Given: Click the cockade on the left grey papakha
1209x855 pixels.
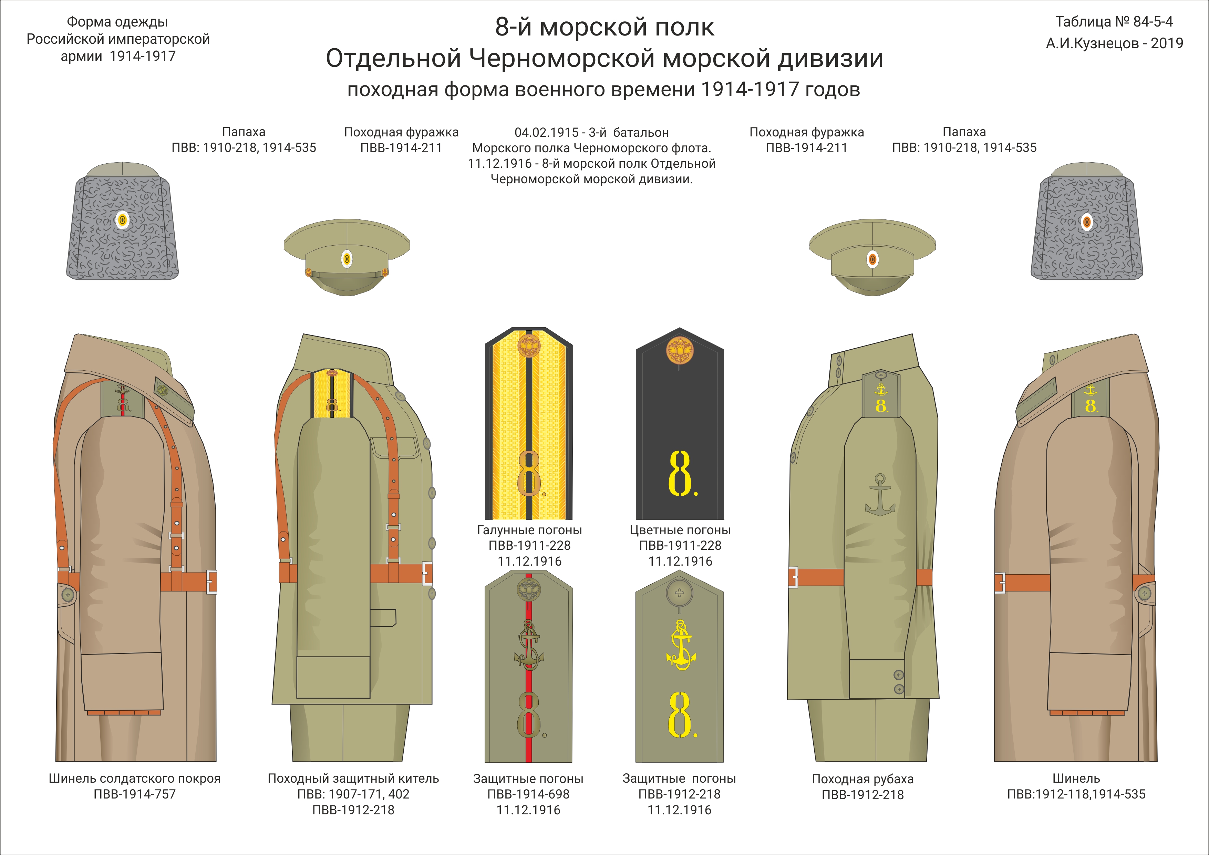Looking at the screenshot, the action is pyautogui.click(x=122, y=220).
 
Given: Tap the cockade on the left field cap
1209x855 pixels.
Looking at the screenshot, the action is pyautogui.click(x=347, y=259).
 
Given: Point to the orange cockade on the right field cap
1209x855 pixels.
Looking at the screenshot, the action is pyautogui.click(x=872, y=259).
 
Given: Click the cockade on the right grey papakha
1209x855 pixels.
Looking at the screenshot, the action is pyautogui.click(x=1087, y=222).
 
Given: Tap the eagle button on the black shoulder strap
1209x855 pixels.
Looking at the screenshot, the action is pyautogui.click(x=680, y=350).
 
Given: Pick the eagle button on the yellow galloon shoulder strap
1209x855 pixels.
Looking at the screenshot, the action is pyautogui.click(x=529, y=347).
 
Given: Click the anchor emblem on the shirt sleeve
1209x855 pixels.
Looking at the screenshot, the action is pyautogui.click(x=880, y=495).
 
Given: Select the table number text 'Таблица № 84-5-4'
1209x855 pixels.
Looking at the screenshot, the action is pyautogui.click(x=1114, y=22).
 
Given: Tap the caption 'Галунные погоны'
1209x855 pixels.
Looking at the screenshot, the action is pyautogui.click(x=529, y=530).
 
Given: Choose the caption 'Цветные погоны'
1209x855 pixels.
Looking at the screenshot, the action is pyautogui.click(x=680, y=530).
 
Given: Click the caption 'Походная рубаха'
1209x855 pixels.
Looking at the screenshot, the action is pyautogui.click(x=862, y=779).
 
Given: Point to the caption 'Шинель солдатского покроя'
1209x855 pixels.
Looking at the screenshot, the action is pyautogui.click(x=134, y=778).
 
